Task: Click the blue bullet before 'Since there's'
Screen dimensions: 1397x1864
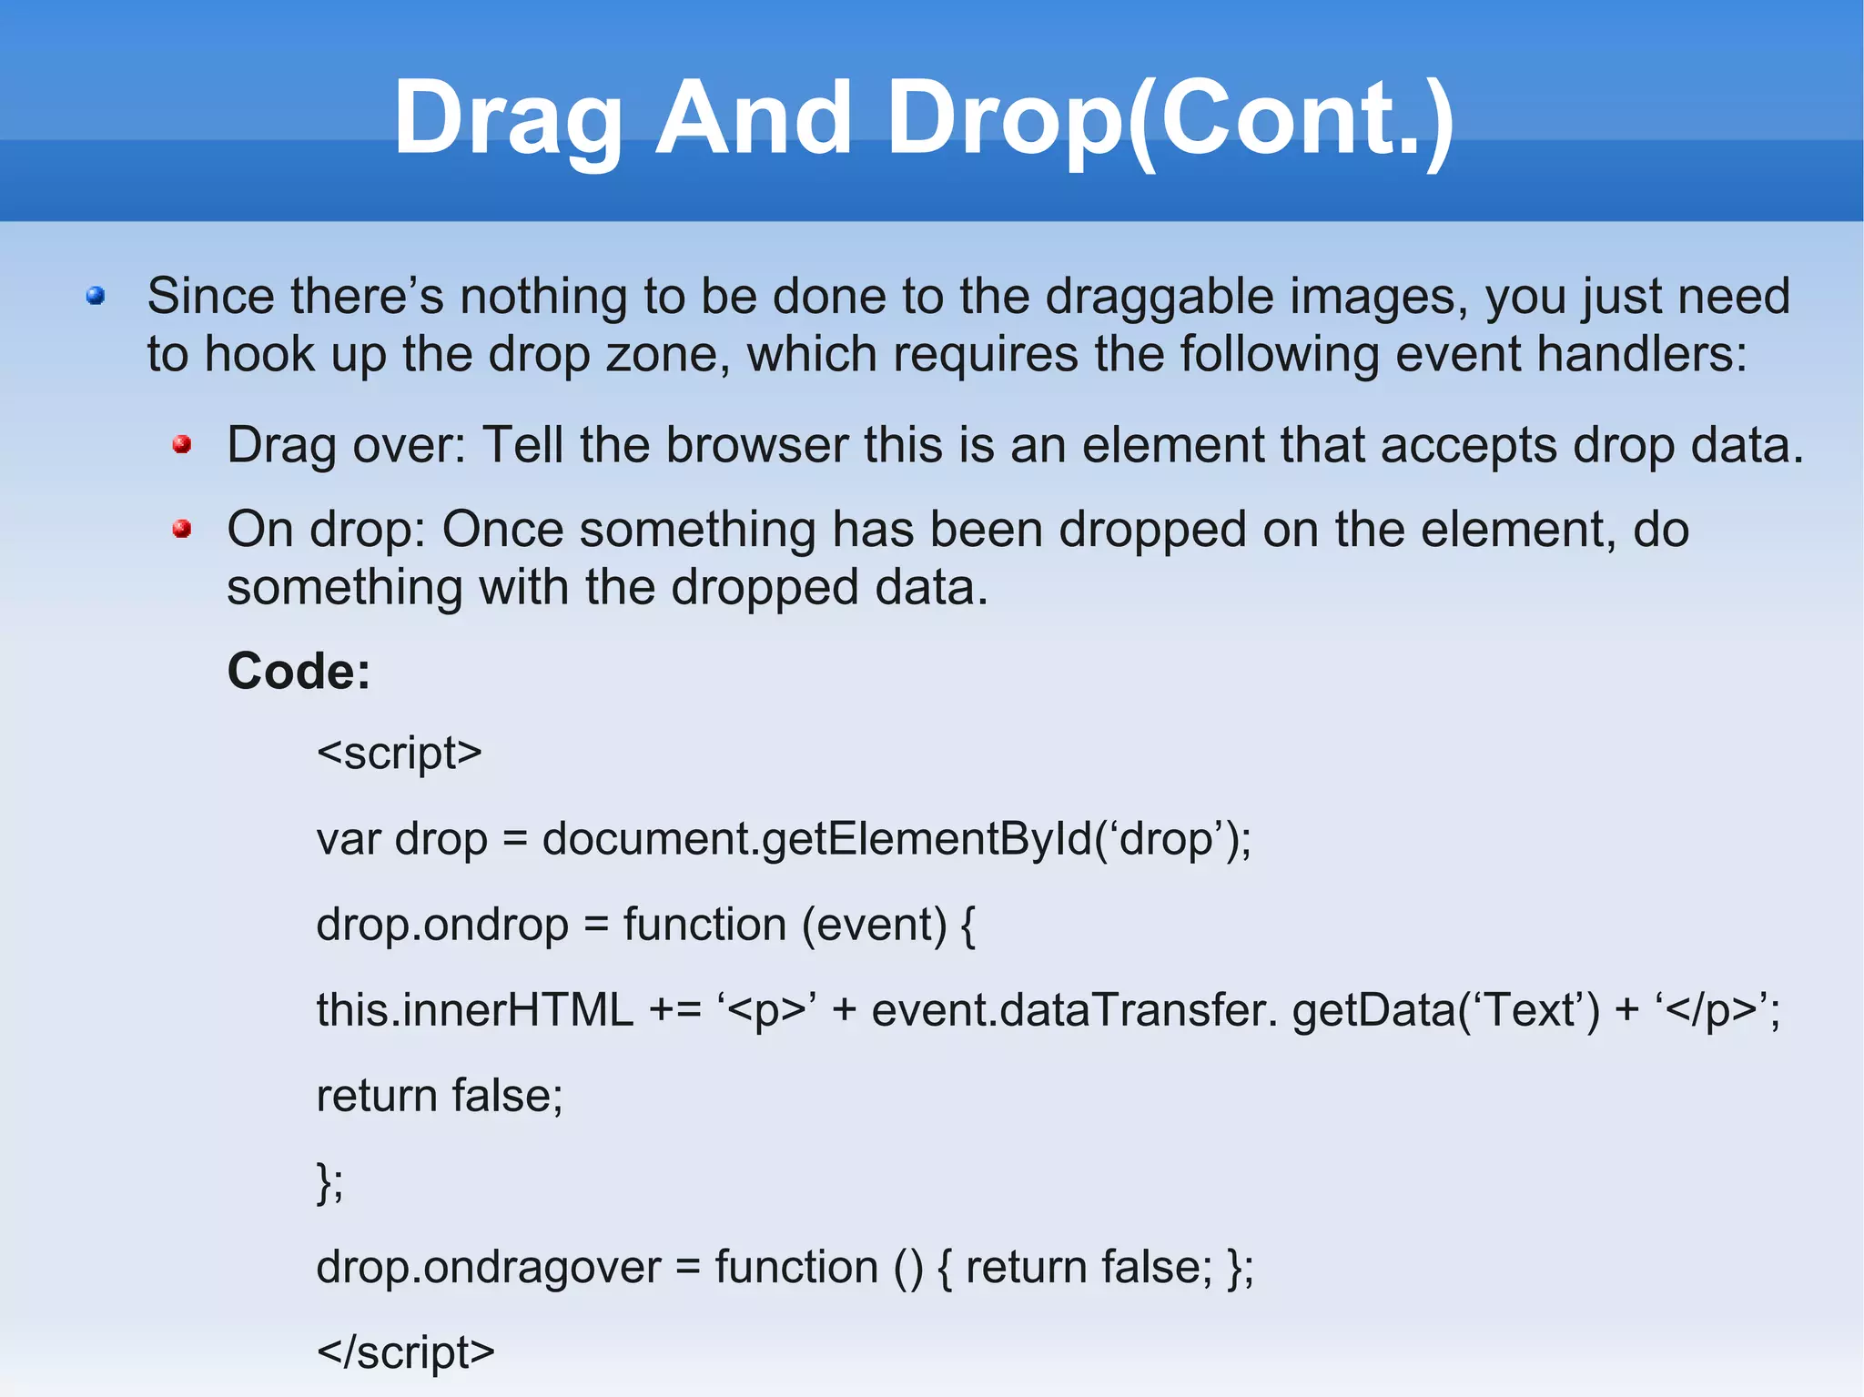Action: click(x=96, y=296)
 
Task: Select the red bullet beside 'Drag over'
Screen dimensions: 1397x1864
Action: click(x=182, y=444)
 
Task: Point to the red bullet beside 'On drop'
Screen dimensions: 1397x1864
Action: click(x=182, y=529)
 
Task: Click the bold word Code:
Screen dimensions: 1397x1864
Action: click(x=299, y=671)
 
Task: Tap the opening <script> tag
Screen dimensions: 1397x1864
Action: click(x=399, y=753)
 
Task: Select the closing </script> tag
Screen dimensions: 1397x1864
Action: click(x=405, y=1351)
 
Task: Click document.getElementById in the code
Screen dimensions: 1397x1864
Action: click(x=816, y=838)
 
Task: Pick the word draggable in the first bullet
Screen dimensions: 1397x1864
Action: click(x=1159, y=296)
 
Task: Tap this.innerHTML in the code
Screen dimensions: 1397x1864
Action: click(x=474, y=1010)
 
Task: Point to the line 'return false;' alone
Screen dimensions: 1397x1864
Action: click(x=440, y=1095)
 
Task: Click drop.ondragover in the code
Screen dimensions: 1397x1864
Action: click(x=488, y=1267)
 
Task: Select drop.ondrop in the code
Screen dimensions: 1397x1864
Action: click(x=442, y=925)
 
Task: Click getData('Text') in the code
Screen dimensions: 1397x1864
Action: click(x=1445, y=1010)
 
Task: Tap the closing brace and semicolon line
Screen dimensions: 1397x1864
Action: click(x=329, y=1182)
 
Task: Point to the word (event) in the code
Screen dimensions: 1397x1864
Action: click(x=874, y=925)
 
